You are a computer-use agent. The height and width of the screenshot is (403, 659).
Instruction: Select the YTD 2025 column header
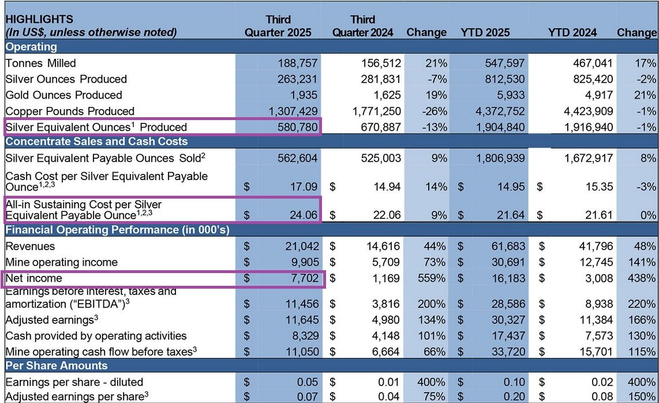click(485, 32)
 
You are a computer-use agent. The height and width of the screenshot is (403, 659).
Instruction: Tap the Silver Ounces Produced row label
click(66, 79)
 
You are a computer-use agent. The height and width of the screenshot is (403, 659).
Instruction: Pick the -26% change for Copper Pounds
click(434, 111)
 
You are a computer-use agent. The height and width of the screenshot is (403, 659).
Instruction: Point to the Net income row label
click(33, 278)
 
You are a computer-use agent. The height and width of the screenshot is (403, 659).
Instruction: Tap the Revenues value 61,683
click(507, 247)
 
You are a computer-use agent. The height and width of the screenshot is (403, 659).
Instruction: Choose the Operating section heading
click(31, 47)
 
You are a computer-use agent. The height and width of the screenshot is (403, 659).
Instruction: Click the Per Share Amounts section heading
click(57, 365)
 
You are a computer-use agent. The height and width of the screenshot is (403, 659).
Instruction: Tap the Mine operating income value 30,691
click(507, 262)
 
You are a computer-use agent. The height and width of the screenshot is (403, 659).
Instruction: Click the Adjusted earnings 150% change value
click(642, 397)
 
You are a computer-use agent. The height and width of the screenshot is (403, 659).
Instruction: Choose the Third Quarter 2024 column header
click(362, 26)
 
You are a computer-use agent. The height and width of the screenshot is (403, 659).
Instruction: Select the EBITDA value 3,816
click(383, 304)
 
